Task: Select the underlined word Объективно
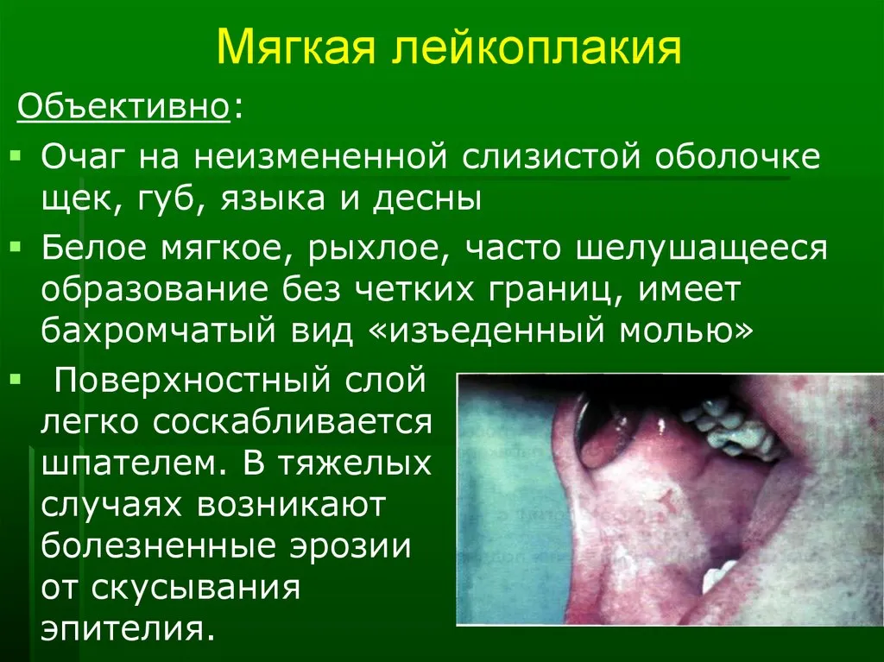[123, 106]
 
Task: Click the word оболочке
[737, 157]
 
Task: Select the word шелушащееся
[702, 249]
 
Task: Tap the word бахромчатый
[159, 331]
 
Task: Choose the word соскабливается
[292, 422]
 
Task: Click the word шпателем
[134, 464]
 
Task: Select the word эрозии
[350, 547]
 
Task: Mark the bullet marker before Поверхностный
[16, 378]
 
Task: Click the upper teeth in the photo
[727, 426]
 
